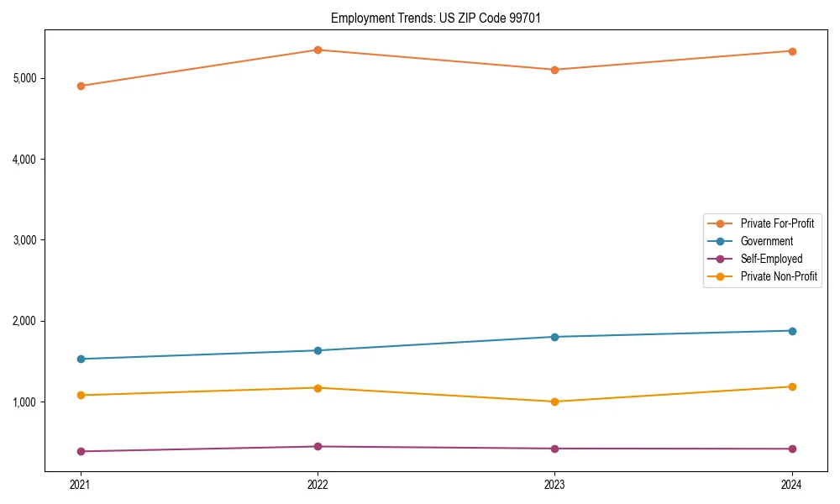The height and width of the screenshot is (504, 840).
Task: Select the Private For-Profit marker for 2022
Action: [318, 50]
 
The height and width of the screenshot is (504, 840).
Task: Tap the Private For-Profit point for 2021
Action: [81, 86]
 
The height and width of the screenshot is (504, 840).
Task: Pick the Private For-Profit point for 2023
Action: [554, 70]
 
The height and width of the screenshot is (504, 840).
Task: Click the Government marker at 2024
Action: [792, 331]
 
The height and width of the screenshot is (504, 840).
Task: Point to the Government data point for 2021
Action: [81, 359]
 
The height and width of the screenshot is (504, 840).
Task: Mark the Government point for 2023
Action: [554, 337]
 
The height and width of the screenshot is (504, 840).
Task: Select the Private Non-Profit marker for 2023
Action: [554, 402]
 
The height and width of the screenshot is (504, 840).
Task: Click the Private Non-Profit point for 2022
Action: [318, 388]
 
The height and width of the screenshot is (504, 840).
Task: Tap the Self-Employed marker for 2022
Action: [318, 447]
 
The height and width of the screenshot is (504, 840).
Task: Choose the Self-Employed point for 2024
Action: [792, 449]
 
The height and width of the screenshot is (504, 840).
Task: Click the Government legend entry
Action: [766, 241]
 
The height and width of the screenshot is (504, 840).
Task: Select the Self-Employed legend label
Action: [771, 259]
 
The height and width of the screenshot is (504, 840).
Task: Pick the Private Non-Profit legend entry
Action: [779, 276]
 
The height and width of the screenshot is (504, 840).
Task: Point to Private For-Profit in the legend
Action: [777, 223]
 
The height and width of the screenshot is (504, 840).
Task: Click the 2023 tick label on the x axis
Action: [554, 485]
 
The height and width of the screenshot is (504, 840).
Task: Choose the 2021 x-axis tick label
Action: [81, 485]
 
